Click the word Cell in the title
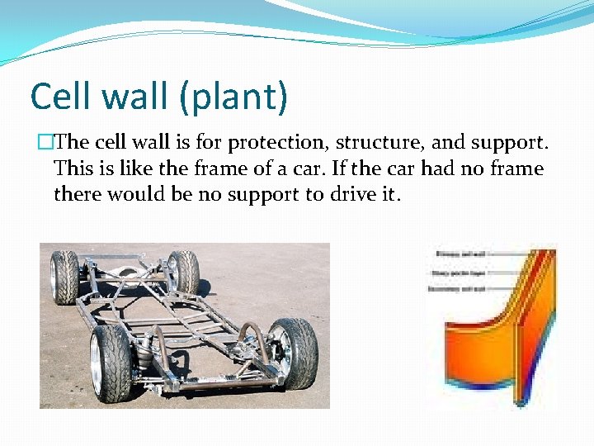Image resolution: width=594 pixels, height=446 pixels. click(x=59, y=97)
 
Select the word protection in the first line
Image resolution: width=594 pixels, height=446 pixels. click(x=273, y=143)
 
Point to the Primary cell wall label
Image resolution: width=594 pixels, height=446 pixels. click(x=451, y=255)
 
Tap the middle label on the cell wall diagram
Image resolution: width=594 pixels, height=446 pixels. click(x=451, y=272)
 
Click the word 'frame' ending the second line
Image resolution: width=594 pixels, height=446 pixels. click(x=516, y=169)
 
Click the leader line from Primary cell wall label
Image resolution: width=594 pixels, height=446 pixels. click(x=503, y=255)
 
